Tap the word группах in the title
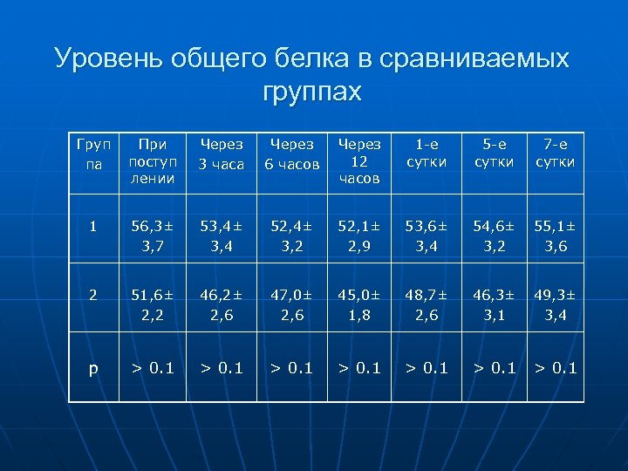pyautogui.click(x=311, y=91)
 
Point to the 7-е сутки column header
pyautogui.click(x=556, y=154)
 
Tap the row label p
pyautogui.click(x=92, y=367)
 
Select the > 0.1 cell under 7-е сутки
pyautogui.click(x=556, y=367)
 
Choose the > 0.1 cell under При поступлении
pyautogui.click(x=151, y=367)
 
